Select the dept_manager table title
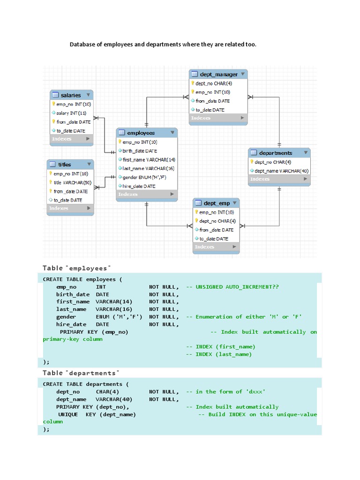218,74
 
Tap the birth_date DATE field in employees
140,151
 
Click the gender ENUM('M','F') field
144,178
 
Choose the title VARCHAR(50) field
72,182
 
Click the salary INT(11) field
71,113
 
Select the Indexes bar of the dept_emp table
216,247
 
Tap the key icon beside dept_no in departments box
252,162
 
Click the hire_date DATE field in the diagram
139,186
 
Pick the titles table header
65,165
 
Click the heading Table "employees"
77,268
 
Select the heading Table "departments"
81,373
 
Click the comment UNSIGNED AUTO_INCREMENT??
237,287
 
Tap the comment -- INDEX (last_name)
219,354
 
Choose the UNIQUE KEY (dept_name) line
97,414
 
